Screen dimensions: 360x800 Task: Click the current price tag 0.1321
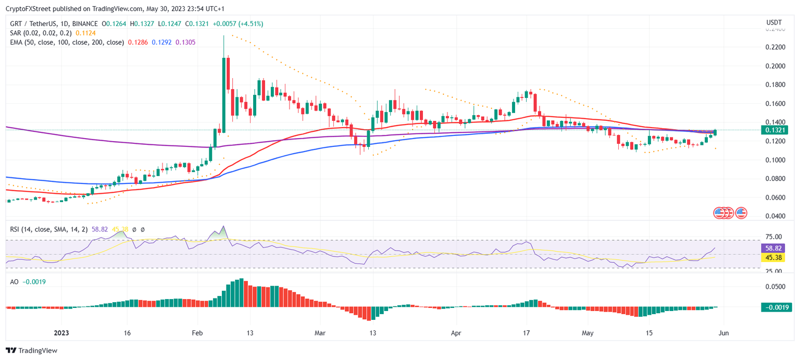[776, 130]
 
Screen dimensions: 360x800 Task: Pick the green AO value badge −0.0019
[776, 307]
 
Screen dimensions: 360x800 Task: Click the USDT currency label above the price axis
[773, 22]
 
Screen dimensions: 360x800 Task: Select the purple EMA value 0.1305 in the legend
[185, 42]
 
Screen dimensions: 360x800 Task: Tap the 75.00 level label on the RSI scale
[773, 240]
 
